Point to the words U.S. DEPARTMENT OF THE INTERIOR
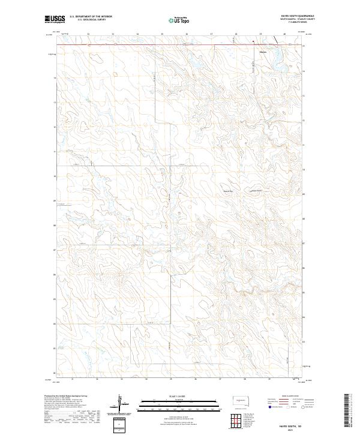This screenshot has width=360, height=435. click(x=91, y=17)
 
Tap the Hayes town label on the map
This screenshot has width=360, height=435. click(x=262, y=50)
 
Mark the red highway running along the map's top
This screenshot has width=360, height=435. click(x=150, y=43)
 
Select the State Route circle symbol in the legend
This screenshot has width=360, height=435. click(x=300, y=407)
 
